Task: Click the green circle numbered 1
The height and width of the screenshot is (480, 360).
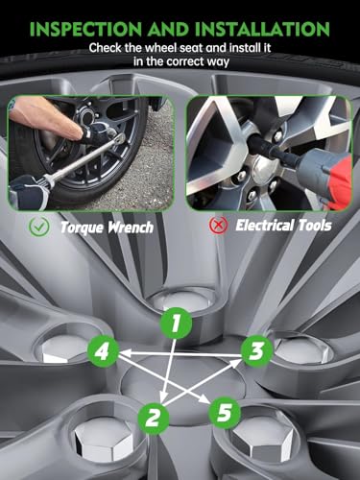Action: [176, 323]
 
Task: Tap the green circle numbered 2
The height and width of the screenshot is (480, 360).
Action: [154, 418]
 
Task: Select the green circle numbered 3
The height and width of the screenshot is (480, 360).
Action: [256, 351]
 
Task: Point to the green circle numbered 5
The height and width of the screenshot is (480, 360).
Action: [225, 412]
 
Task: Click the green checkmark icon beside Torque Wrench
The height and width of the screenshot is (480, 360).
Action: [39, 227]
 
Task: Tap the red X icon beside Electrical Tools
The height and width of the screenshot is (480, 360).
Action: [219, 225]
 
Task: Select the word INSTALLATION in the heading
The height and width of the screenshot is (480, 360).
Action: [263, 29]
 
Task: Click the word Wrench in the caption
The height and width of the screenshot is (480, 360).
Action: [131, 227]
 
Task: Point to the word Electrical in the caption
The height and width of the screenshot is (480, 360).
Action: [264, 225]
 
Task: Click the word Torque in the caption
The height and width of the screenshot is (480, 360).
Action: [82, 228]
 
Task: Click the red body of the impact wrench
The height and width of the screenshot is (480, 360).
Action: [340, 180]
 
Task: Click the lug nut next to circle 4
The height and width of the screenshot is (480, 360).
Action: [63, 348]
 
